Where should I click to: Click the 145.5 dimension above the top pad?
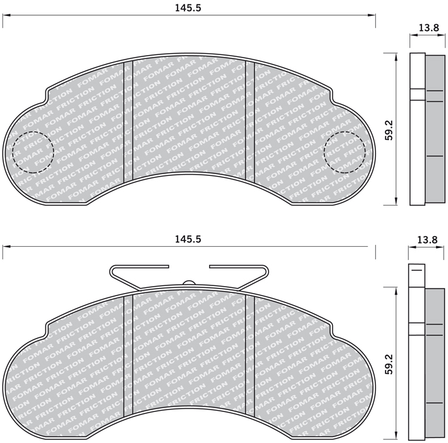[x=188, y=8]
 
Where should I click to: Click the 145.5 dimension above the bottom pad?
[x=188, y=239]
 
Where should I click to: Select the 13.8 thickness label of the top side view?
[x=428, y=28]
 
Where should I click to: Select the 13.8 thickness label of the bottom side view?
[x=427, y=239]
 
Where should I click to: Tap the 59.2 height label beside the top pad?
[x=389, y=130]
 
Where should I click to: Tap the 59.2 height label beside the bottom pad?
[x=389, y=364]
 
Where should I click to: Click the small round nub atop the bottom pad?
[x=188, y=282]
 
